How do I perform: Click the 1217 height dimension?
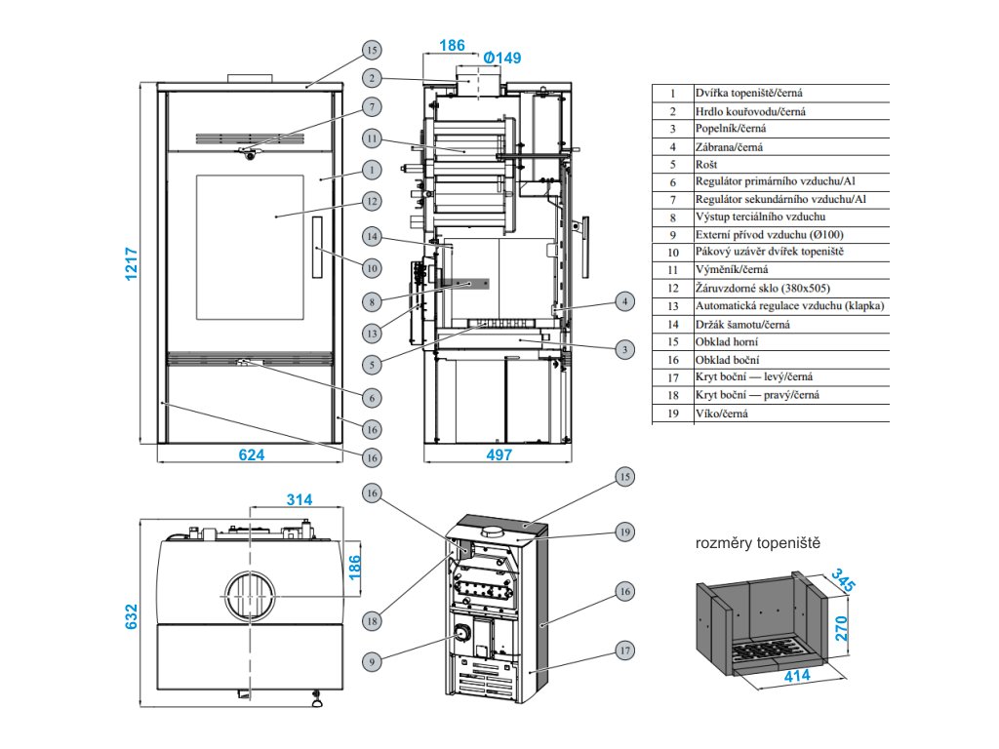132,263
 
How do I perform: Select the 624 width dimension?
252,454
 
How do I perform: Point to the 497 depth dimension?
499,454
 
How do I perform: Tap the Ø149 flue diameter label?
502,58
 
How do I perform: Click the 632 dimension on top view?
132,616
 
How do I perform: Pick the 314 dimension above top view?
300,500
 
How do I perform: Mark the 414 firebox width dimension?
797,676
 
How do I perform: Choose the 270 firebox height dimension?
842,628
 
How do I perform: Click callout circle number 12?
372,201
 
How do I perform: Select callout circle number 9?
372,662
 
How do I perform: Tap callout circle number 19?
625,532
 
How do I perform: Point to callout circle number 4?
625,301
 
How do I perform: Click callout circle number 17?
625,650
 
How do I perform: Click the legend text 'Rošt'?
706,164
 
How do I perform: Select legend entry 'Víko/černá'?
721,414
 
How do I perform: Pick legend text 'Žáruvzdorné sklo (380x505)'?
763,288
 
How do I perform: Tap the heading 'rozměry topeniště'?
757,543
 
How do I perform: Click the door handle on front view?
317,247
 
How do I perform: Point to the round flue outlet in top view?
250,596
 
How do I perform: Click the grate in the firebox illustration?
770,650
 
